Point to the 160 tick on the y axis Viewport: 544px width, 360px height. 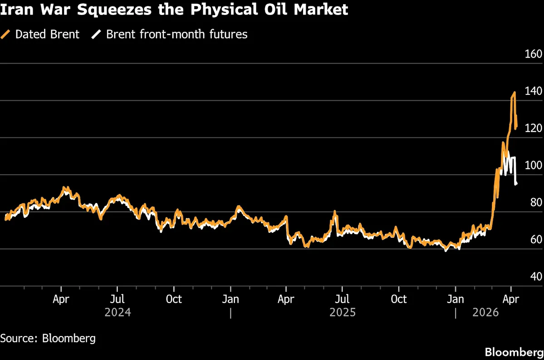click(533, 54)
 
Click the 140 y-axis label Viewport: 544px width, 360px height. click(533, 91)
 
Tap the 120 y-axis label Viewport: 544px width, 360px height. click(533, 128)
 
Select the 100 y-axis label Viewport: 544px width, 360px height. click(533, 165)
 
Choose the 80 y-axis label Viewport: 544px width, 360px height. click(535, 202)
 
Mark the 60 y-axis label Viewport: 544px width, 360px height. click(535, 240)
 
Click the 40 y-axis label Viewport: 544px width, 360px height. click(535, 276)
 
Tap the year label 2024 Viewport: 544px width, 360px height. click(118, 313)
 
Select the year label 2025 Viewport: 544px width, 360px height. click(343, 313)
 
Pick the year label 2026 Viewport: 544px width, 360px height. click(485, 313)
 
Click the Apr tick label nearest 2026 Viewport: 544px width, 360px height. click(511, 299)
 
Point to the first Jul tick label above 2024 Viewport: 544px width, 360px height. click(118, 299)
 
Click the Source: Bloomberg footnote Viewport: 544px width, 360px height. click(48, 338)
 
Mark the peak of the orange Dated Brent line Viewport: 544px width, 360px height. click(514, 93)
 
